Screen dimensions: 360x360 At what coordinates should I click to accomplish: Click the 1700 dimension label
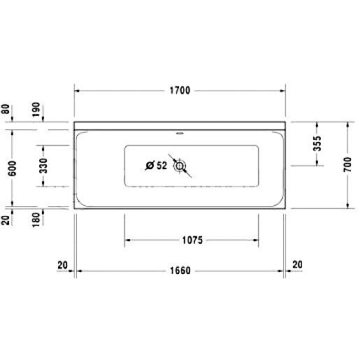click(180, 91)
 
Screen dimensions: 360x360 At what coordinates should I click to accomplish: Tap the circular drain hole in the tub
click(181, 166)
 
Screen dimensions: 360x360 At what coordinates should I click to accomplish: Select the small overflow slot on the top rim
click(180, 131)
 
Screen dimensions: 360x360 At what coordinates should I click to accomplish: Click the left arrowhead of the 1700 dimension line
click(78, 91)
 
